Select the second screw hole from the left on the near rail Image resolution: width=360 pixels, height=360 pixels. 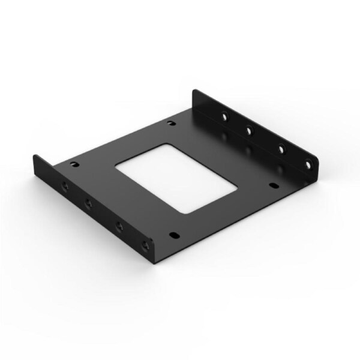tap(88, 204)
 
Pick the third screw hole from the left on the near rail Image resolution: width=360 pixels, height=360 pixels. tap(118, 226)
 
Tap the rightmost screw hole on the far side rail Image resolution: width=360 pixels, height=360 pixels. tap(308, 161)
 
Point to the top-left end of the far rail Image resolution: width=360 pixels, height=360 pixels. tap(193, 91)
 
